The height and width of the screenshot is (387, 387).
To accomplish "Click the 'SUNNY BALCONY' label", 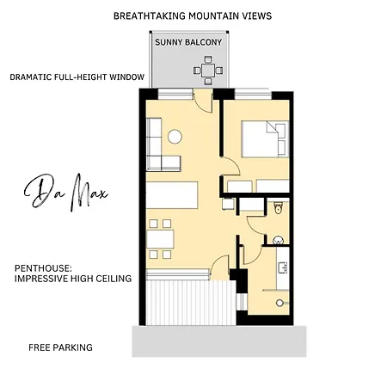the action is [x=188, y=42].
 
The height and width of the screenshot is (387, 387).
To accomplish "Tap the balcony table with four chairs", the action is [x=208, y=71].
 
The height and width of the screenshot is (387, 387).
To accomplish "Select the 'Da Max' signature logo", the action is [x=65, y=192].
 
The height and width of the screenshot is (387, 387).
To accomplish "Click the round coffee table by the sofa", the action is [x=175, y=137].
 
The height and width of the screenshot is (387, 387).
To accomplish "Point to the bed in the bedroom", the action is [x=265, y=139].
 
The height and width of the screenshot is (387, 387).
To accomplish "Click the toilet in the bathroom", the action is [x=278, y=207].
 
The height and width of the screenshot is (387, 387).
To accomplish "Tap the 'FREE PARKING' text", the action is [x=60, y=347].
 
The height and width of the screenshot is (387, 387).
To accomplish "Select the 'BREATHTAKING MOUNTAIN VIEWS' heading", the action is [x=193, y=15].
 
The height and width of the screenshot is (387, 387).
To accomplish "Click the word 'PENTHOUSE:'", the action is [x=43, y=268].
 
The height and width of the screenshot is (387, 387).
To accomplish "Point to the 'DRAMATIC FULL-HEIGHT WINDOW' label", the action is [x=77, y=77].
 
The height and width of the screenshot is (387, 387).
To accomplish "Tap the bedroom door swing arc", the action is [x=235, y=164].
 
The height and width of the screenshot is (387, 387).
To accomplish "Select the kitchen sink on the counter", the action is [x=283, y=267].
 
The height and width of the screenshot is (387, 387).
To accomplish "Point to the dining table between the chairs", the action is [x=160, y=239].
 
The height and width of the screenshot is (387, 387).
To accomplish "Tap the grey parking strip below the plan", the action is [x=219, y=341].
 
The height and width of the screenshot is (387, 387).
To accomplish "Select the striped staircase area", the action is [x=191, y=303].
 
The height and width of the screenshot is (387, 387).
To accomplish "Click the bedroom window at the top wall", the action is [x=253, y=95].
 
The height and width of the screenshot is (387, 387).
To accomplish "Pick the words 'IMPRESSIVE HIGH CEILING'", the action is [x=73, y=279].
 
